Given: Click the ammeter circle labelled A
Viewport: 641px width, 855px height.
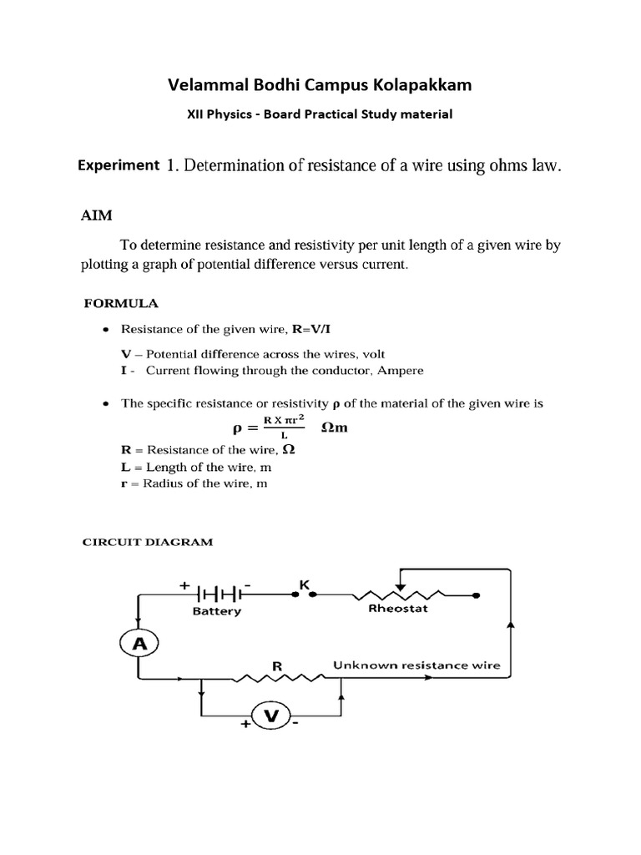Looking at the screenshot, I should click(x=140, y=642).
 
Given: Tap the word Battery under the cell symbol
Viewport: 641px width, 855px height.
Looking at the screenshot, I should click(x=216, y=610).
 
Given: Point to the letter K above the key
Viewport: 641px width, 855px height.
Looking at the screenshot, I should click(x=304, y=586).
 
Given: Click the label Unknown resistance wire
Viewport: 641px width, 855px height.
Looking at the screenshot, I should click(x=416, y=665).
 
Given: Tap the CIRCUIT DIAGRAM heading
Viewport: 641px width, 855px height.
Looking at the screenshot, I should click(x=147, y=542).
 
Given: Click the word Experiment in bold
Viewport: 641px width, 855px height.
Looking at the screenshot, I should click(x=118, y=165).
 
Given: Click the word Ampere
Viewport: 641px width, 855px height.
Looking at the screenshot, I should click(x=401, y=370).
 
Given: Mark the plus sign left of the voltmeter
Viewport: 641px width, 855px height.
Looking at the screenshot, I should click(x=245, y=726).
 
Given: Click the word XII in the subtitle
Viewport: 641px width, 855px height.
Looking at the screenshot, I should click(x=197, y=115).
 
